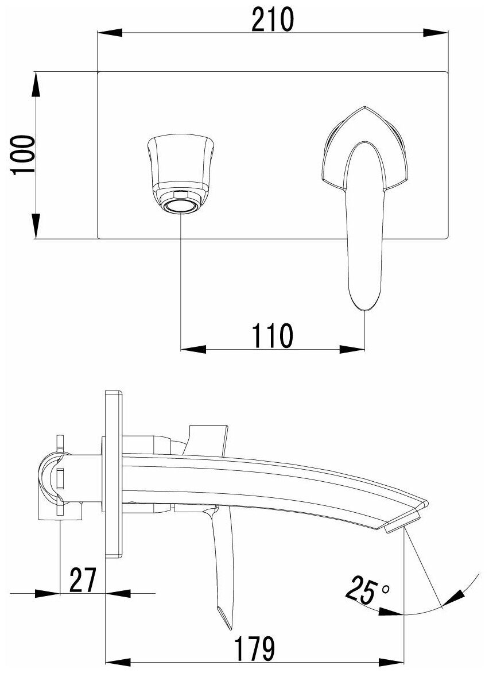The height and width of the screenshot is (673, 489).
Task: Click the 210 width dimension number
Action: point(271,21)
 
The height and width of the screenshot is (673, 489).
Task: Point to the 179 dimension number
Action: point(254,648)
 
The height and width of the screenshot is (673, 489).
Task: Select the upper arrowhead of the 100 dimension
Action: point(36,83)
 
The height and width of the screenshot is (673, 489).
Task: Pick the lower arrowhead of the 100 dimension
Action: point(36,227)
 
